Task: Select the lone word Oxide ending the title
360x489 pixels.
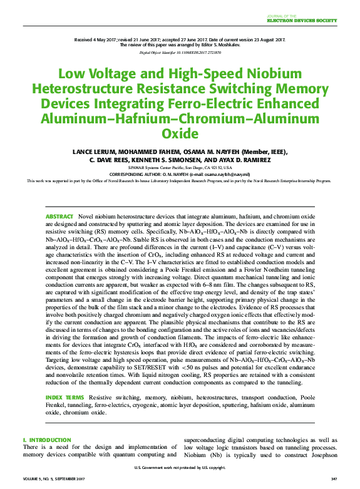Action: click(x=180, y=133)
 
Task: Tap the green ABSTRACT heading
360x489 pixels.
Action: click(x=60, y=216)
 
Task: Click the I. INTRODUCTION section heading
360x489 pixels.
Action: click(x=47, y=440)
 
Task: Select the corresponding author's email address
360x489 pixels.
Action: click(x=226, y=174)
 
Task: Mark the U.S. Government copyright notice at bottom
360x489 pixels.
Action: click(x=180, y=468)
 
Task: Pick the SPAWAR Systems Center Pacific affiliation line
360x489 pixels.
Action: click(x=180, y=168)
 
